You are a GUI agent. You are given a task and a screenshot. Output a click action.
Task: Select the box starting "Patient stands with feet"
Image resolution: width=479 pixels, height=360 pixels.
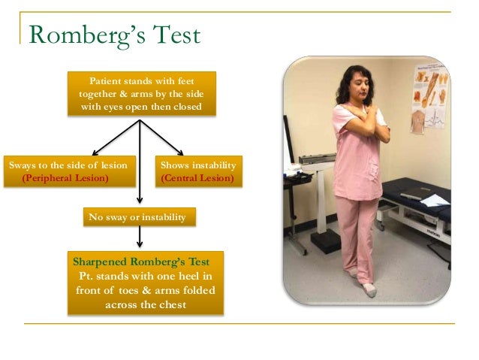point(141,94)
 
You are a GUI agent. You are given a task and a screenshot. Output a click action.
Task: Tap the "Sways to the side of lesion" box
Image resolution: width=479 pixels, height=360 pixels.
point(69,171)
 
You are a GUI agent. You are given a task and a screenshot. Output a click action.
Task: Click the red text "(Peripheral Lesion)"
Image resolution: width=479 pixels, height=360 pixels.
point(65,179)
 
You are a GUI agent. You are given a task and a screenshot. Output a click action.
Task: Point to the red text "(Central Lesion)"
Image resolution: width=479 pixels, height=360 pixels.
point(197,179)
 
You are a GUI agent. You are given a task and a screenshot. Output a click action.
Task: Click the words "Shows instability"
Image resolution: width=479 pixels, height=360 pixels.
point(198,165)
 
